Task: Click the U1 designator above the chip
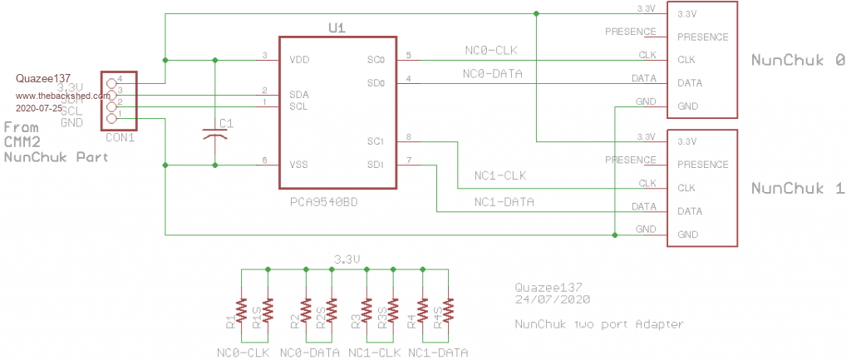pyautogui.click(x=337, y=28)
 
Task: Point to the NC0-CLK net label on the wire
pyautogui.click(x=493, y=51)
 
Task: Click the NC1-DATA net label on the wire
pyautogui.click(x=504, y=202)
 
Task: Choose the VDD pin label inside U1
pyautogui.click(x=300, y=60)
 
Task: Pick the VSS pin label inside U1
pyautogui.click(x=300, y=165)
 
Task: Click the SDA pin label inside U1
pyautogui.click(x=299, y=95)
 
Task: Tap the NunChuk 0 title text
pyautogui.click(x=798, y=61)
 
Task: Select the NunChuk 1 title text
pyautogui.click(x=798, y=189)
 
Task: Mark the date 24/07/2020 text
pyautogui.click(x=553, y=298)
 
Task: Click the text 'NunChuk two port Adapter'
pyautogui.click(x=598, y=324)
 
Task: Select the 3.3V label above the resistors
pyautogui.click(x=347, y=259)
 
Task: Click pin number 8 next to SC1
pyautogui.click(x=409, y=136)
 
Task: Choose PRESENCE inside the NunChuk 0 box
pyautogui.click(x=703, y=37)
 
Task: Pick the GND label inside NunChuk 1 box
pyautogui.click(x=687, y=235)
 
